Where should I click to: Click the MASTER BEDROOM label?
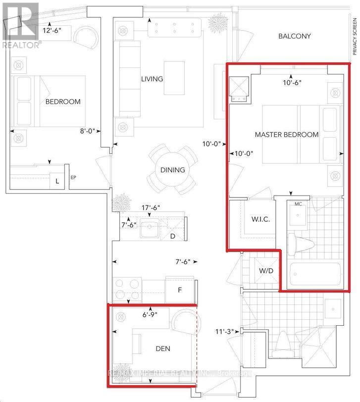(x=286, y=135)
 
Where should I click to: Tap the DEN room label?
(x=162, y=349)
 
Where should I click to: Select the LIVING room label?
(x=152, y=79)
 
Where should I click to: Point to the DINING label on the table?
(x=172, y=170)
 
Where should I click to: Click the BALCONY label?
(x=294, y=36)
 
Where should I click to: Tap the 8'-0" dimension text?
(x=89, y=131)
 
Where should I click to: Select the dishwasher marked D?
(x=172, y=236)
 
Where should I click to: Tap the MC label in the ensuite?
(x=298, y=203)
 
